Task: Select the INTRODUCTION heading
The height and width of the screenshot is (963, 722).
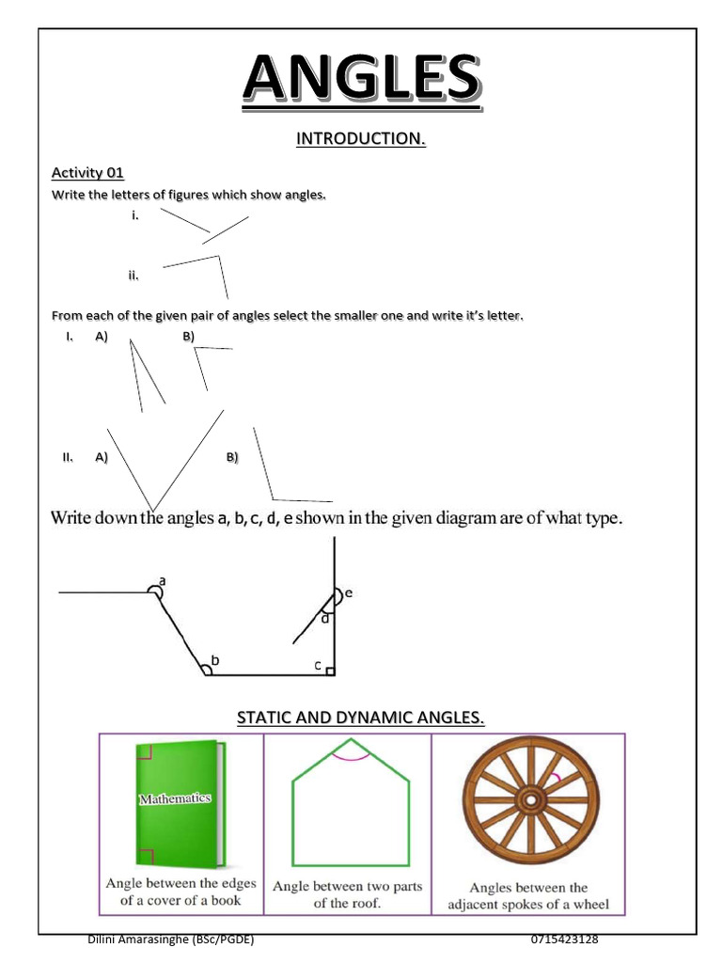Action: pos(360,139)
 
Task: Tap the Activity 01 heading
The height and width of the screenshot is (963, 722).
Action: pos(87,173)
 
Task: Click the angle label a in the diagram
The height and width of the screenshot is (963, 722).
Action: pos(162,580)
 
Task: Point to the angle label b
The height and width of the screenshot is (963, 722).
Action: pos(215,660)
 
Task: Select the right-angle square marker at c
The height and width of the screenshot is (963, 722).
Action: pos(330,671)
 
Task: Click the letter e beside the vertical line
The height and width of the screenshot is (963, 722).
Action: pos(349,592)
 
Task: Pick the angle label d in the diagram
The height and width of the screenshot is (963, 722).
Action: pos(325,619)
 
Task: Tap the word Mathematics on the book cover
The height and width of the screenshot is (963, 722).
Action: pos(175,798)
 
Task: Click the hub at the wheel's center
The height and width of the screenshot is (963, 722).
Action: pos(530,799)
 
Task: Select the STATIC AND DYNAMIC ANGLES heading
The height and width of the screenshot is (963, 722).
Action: pos(360,718)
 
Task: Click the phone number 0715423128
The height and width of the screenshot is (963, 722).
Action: pos(564,939)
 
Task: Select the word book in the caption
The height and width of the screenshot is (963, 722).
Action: pos(226,900)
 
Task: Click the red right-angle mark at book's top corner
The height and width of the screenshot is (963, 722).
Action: pos(144,751)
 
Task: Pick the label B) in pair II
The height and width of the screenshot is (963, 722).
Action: pos(232,457)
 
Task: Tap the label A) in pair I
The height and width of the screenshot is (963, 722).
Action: pos(102,337)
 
